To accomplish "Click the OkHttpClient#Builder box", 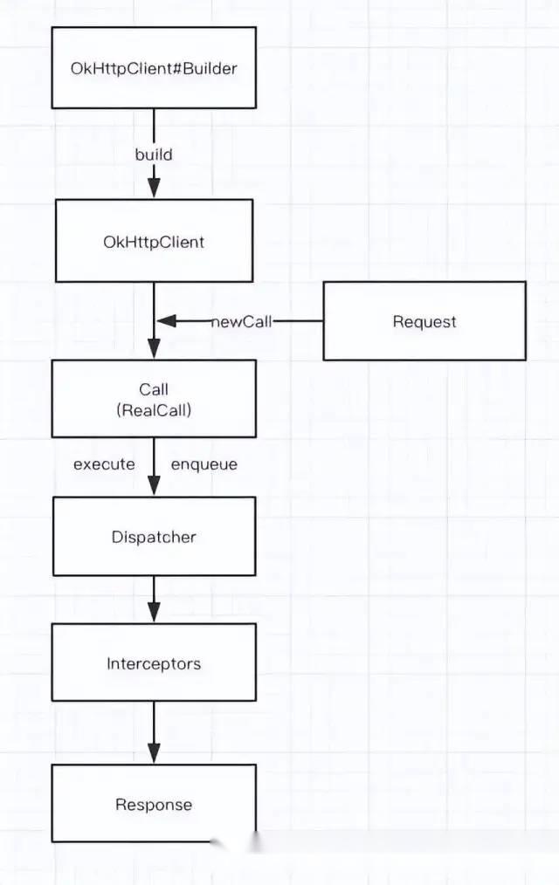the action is click(154, 68).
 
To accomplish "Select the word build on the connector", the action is click(154, 154).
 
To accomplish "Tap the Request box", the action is click(424, 321).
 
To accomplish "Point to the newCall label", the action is click(242, 322).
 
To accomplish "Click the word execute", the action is click(105, 464).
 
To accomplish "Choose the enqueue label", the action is click(204, 465).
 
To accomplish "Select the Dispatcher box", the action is click(154, 536).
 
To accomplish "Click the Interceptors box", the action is click(154, 662).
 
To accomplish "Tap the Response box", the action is click(154, 804).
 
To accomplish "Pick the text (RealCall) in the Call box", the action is click(154, 409).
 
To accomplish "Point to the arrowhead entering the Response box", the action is click(154, 753).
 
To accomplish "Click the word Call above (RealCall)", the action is click(154, 389).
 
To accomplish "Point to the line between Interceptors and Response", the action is click(154, 732).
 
